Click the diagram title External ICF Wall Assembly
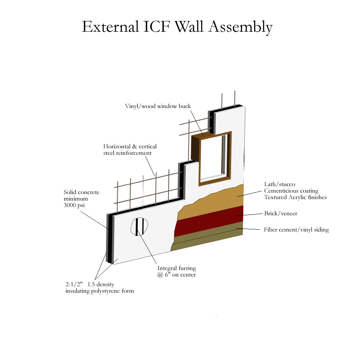coord(177,27)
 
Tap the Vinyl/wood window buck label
coord(158,106)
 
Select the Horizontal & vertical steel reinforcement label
coord(130,150)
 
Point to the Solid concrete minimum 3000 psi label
coord(81,199)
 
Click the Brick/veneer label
coord(280,213)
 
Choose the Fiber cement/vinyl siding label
coord(296,230)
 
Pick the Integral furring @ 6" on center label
coord(176,271)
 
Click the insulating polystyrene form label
coord(100,291)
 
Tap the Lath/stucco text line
coord(280,184)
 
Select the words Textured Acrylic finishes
coord(295,197)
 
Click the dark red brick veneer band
coord(209,221)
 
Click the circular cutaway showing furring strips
coord(139,226)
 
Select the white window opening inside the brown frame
coord(211,158)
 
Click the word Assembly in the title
coord(240,27)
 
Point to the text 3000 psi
coord(74,205)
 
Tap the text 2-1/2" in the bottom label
coord(74,284)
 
